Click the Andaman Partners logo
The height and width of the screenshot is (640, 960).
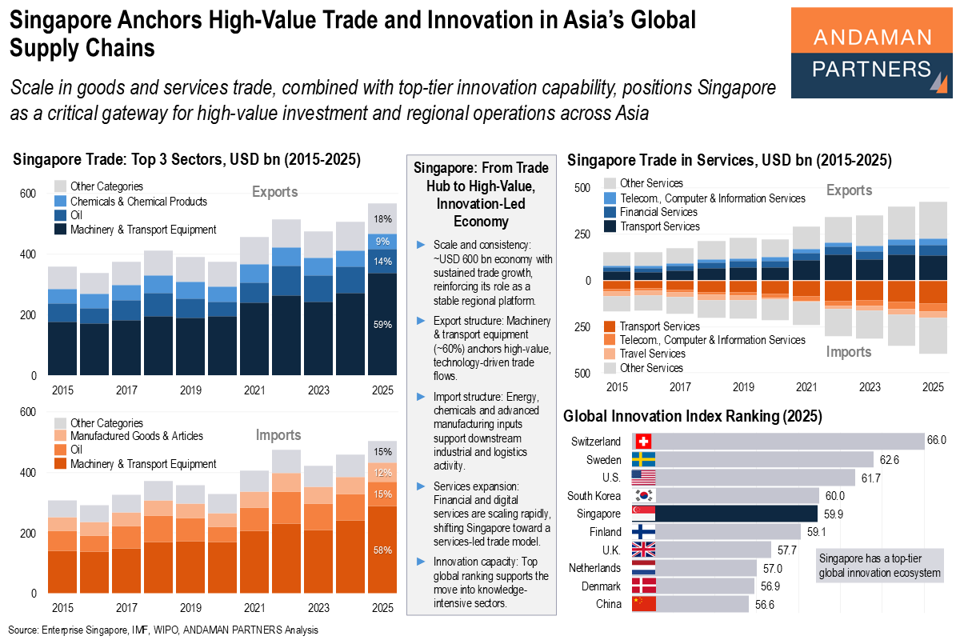871,53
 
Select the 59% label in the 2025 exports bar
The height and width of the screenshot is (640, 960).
382,325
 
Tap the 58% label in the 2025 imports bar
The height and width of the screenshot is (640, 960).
382,550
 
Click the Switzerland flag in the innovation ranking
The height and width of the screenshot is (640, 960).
643,442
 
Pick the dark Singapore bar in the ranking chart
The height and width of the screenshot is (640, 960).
736,514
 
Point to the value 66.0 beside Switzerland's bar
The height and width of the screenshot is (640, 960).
937,441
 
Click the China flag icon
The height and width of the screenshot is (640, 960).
643,604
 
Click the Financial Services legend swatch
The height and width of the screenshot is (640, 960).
610,213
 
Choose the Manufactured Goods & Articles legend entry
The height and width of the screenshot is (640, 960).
137,436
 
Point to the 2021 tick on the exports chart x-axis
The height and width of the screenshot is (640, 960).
254,391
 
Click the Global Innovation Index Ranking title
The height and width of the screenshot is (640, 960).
693,416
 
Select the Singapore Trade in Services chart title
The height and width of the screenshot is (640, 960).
729,160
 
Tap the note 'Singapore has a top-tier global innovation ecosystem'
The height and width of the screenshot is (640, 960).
879,566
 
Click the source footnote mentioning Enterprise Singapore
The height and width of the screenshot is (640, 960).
163,630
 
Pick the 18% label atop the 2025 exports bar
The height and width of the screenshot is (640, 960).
382,219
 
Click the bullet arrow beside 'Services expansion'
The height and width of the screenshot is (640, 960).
421,486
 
